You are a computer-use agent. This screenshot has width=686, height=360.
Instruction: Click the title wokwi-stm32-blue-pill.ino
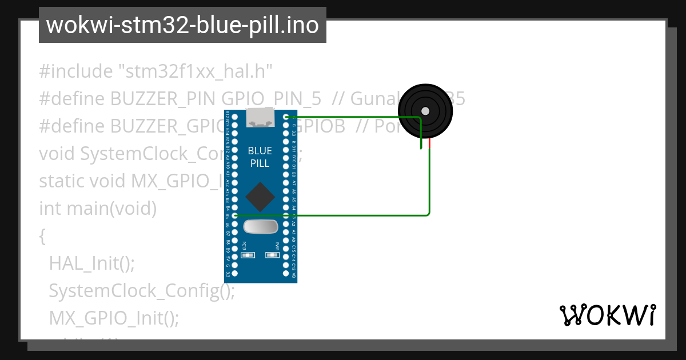pos(182,25)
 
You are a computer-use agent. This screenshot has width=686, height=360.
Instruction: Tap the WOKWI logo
pos(607,315)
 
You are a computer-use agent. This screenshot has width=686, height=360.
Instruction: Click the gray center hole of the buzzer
pos(425,111)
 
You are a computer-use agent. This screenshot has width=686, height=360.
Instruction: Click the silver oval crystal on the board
pos(261,227)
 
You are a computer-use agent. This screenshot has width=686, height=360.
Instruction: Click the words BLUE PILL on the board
pos(260,157)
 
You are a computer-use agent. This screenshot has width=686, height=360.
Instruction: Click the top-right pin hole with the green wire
pos(286,117)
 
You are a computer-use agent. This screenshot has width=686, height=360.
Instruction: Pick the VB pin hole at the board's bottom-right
pos(286,274)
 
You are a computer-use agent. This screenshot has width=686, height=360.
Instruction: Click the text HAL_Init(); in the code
pos(92,263)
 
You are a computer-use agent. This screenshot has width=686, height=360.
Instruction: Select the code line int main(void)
pos(98,209)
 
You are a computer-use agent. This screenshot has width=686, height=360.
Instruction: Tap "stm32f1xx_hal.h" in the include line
pos(195,71)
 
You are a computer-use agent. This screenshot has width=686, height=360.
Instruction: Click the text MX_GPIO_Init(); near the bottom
pos(114,318)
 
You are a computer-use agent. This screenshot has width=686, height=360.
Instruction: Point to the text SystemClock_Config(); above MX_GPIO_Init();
pos(142,291)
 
